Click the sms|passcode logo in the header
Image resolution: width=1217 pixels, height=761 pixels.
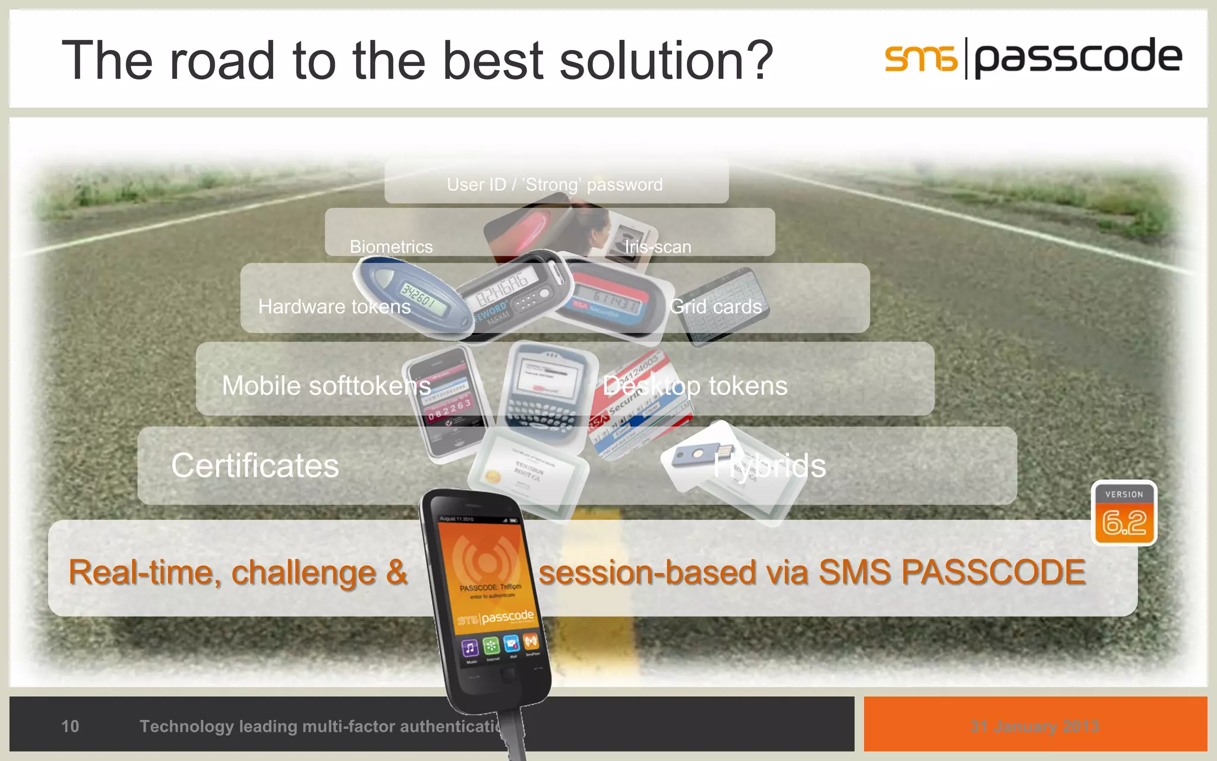pos(1033,58)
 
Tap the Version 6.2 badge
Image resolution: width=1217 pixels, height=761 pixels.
pos(1124,513)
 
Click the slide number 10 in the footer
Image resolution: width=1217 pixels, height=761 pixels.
pos(70,726)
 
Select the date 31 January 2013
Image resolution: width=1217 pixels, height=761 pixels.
pos(1035,726)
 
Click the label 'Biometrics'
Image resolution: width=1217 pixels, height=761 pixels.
pos(391,246)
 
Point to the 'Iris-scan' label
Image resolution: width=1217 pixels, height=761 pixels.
pos(657,246)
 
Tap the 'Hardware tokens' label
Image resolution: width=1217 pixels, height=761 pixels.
pos(335,306)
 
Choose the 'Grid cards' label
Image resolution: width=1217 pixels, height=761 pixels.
pos(715,306)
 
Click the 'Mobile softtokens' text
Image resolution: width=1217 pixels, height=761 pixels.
pos(326,386)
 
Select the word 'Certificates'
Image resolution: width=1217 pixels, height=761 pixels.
pos(255,466)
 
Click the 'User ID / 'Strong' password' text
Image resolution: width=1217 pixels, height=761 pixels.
pos(554,185)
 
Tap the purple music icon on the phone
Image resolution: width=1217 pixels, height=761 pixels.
pos(469,648)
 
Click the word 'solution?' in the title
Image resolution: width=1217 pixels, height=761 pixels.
pos(666,60)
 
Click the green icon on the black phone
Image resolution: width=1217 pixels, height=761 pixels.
pos(491,646)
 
